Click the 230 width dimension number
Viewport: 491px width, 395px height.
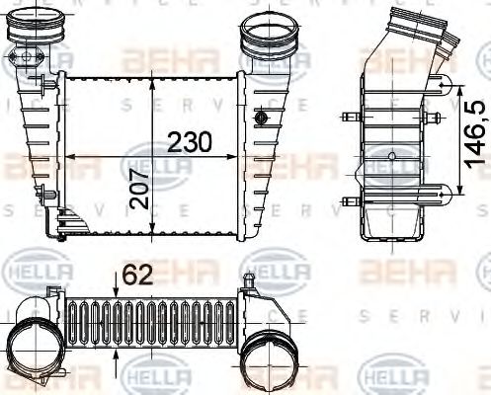coord(187,141)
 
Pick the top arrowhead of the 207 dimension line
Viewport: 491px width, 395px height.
coord(151,77)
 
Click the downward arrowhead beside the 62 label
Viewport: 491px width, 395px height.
coord(118,290)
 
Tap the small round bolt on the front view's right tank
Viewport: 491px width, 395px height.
coord(261,119)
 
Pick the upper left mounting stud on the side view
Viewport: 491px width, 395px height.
coord(348,118)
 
